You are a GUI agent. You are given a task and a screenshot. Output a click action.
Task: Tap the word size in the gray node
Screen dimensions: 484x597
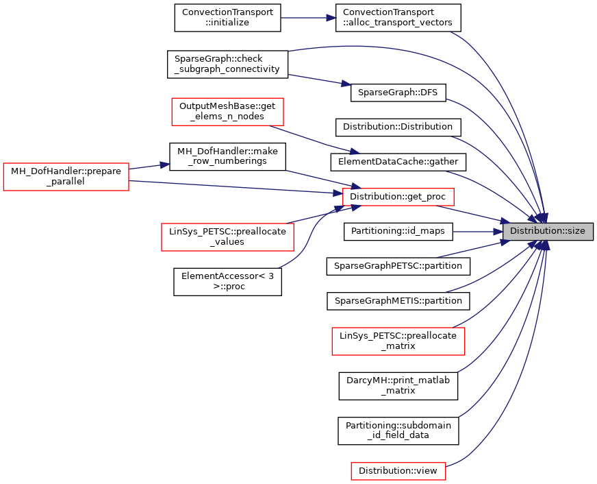(x=576, y=232)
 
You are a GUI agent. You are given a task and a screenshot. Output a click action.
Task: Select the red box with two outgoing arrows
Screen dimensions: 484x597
(x=66, y=177)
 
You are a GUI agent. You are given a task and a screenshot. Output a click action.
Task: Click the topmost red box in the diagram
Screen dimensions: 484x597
(x=227, y=112)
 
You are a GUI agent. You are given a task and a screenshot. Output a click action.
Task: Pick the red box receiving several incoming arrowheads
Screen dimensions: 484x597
(x=398, y=197)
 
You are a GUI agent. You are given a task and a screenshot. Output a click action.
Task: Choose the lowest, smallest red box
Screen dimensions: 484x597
(x=398, y=471)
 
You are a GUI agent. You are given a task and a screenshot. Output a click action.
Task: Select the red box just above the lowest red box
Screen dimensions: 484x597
(x=398, y=341)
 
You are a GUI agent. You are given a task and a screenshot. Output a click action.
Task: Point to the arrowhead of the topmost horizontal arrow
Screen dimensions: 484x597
(x=332, y=18)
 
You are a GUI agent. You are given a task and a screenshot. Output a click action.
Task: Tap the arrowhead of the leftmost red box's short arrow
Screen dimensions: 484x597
(x=165, y=165)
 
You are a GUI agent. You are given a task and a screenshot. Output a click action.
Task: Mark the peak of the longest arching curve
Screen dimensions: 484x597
(x=356, y=46)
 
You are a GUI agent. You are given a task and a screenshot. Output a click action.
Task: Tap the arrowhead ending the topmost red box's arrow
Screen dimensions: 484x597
(x=354, y=152)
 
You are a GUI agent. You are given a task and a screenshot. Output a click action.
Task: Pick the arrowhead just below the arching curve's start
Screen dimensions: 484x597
(x=346, y=84)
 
